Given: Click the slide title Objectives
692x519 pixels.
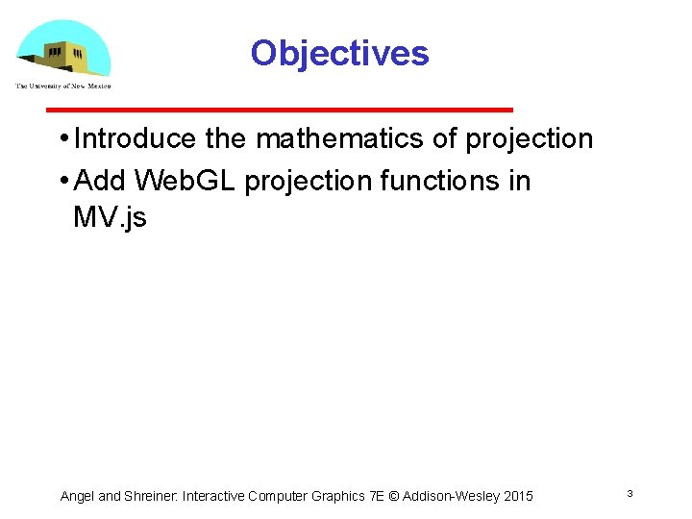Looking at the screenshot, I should point(339,53).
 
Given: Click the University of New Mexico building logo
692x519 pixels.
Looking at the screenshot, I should point(63,48).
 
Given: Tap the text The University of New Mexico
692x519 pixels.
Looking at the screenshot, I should point(63,86).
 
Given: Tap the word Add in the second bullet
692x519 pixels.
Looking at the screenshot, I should point(99,181).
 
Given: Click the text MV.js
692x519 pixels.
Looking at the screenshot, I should point(110,217).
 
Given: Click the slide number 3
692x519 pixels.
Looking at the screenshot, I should point(629,494).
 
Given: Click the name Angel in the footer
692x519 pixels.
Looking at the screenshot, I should point(77,496).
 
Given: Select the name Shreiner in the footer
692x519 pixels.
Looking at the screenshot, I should point(149,496).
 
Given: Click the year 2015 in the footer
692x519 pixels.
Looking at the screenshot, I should point(516,496).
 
